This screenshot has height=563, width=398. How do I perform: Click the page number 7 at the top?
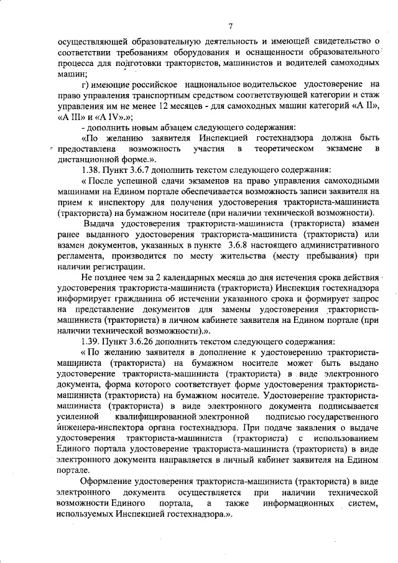coord(230,26)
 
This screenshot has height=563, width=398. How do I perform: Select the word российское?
coord(152,84)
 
